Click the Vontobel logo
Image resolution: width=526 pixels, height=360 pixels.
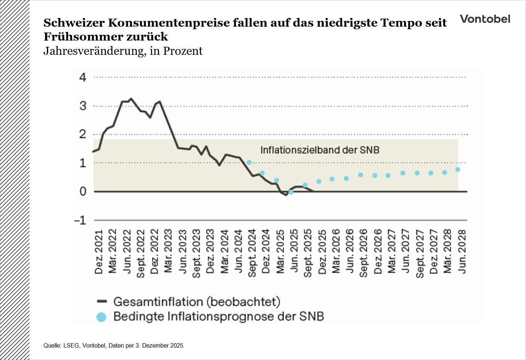click(x=485, y=19)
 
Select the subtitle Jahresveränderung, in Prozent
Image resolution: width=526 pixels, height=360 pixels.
click(x=123, y=51)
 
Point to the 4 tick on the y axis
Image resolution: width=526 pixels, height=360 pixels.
click(x=83, y=77)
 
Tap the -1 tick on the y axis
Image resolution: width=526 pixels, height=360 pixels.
click(x=80, y=220)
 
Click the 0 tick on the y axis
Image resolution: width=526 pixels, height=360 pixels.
click(x=83, y=192)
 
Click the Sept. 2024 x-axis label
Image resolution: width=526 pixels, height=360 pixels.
click(x=252, y=253)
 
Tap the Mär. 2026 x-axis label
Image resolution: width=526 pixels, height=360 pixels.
click(x=336, y=251)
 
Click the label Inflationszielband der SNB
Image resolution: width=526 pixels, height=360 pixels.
click(x=320, y=150)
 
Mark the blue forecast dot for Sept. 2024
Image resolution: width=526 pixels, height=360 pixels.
click(x=249, y=162)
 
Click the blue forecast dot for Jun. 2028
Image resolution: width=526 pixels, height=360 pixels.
click(x=458, y=170)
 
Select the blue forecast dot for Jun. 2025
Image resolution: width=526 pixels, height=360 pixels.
click(x=291, y=192)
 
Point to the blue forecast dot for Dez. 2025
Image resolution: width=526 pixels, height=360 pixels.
click(x=319, y=181)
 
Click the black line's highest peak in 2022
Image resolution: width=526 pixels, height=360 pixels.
click(x=131, y=99)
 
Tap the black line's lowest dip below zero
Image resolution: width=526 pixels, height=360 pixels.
click(x=286, y=195)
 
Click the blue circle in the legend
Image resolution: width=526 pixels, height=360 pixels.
click(x=101, y=317)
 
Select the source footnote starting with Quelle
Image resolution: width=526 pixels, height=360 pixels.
click(x=114, y=345)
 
